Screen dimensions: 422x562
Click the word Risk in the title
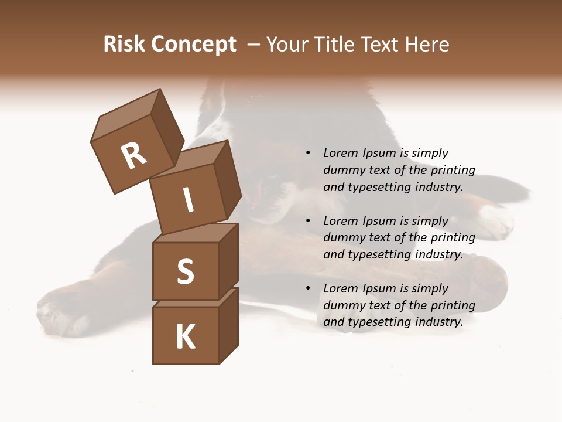click(x=124, y=44)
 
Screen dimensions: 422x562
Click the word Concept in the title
click(x=194, y=45)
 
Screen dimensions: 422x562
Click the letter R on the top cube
click(x=134, y=155)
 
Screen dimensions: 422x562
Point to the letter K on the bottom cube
click(x=186, y=336)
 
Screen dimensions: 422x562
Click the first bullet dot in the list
click(x=308, y=153)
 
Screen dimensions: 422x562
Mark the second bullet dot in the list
click(x=308, y=221)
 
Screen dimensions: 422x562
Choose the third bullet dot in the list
click(x=308, y=288)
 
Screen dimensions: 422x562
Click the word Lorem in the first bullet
click(x=340, y=153)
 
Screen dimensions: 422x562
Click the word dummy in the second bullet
click(x=342, y=238)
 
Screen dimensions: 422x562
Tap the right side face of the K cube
click(x=228, y=326)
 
